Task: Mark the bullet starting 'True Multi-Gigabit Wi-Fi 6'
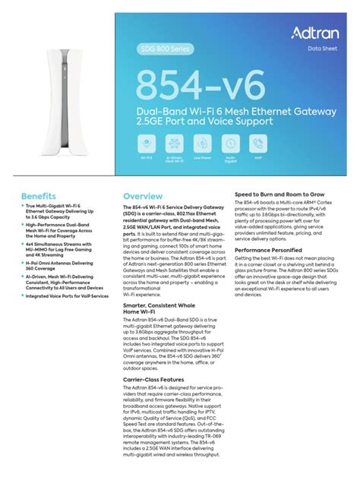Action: point(59,210)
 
